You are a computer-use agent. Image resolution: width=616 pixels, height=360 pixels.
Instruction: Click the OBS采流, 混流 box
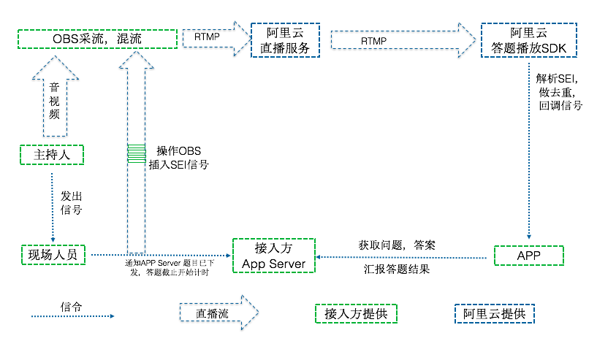pyautogui.click(x=97, y=39)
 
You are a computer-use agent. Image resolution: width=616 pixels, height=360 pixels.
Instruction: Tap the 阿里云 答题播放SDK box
pyautogui.click(x=528, y=41)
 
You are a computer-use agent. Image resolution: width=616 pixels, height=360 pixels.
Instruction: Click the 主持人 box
pyautogui.click(x=50, y=155)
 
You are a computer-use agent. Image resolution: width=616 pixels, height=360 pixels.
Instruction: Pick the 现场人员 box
pyautogui.click(x=53, y=255)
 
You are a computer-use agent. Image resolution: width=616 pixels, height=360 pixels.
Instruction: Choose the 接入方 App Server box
pyautogui.click(x=273, y=255)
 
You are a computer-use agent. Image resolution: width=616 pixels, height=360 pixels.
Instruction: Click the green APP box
pyautogui.click(x=528, y=256)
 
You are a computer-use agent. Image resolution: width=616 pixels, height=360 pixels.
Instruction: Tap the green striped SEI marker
pyautogui.click(x=136, y=153)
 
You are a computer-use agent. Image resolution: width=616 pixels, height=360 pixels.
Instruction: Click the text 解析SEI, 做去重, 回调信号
pyautogui.click(x=559, y=91)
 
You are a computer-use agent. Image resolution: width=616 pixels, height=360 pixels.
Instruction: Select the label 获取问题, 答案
pyautogui.click(x=397, y=245)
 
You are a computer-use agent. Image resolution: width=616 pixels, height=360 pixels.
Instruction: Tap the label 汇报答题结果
pyautogui.click(x=397, y=269)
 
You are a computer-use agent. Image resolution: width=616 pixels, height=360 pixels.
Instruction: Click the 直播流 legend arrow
pyautogui.click(x=218, y=313)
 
